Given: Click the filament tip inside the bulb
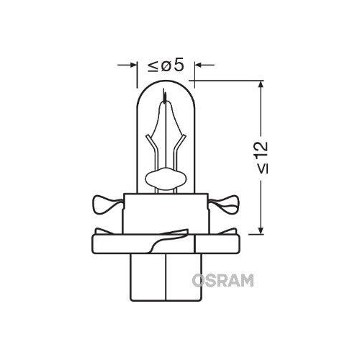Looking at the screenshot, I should (165, 94).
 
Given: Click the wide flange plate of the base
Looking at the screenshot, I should (165, 245).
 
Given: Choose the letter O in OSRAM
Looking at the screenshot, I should (197, 280).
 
